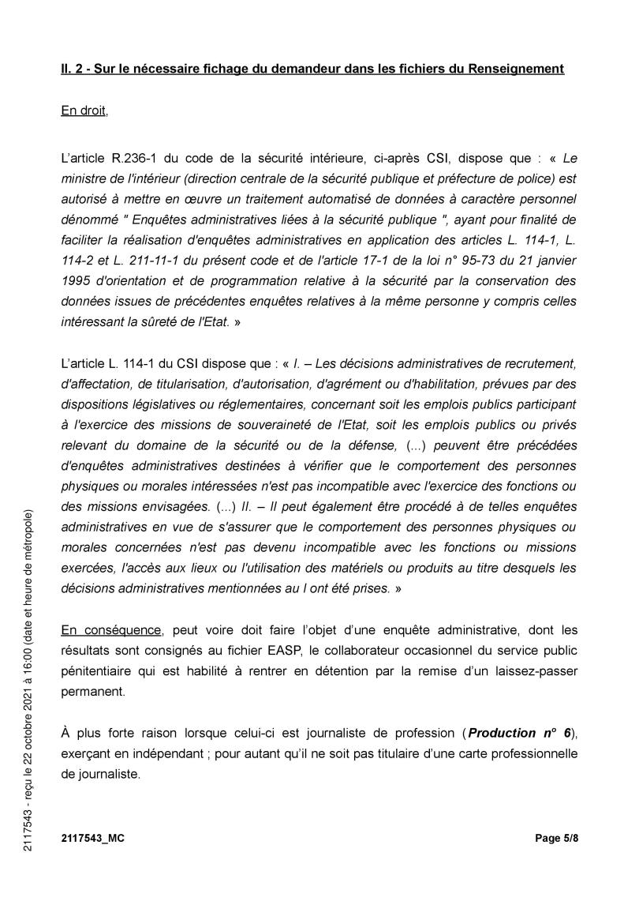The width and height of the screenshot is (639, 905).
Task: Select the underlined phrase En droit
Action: (x=84, y=111)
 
